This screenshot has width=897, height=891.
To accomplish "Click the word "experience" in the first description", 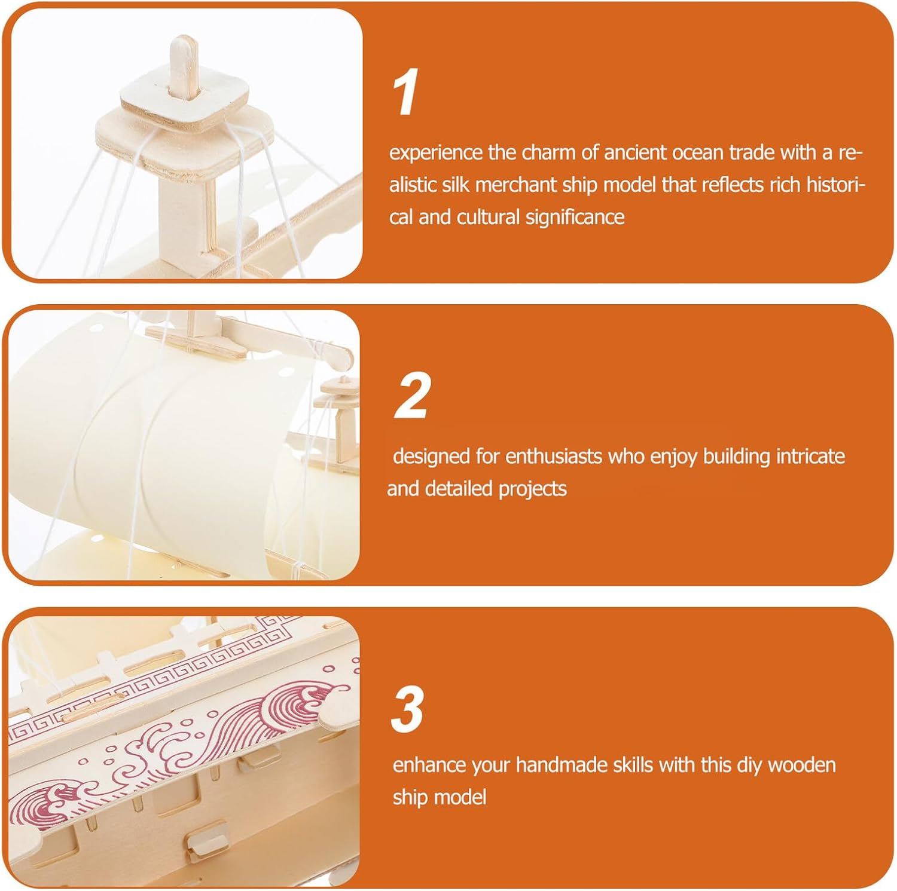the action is click(x=435, y=154).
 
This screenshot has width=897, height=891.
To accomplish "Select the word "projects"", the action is click(x=532, y=489).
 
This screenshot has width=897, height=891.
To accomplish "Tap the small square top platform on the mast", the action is click(x=185, y=100).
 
